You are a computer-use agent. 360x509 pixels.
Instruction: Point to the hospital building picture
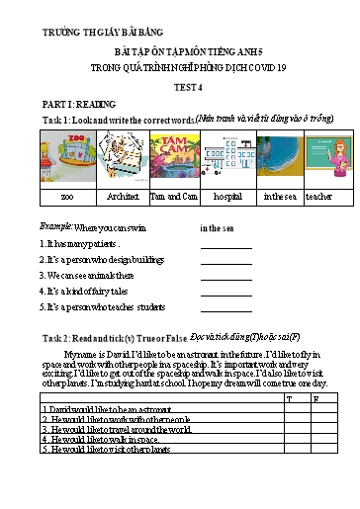(x=229, y=161)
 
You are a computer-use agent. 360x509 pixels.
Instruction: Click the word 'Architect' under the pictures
(x=123, y=197)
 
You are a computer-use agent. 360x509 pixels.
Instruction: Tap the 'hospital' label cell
(x=227, y=197)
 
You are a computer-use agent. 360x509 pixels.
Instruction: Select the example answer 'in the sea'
(x=217, y=227)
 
